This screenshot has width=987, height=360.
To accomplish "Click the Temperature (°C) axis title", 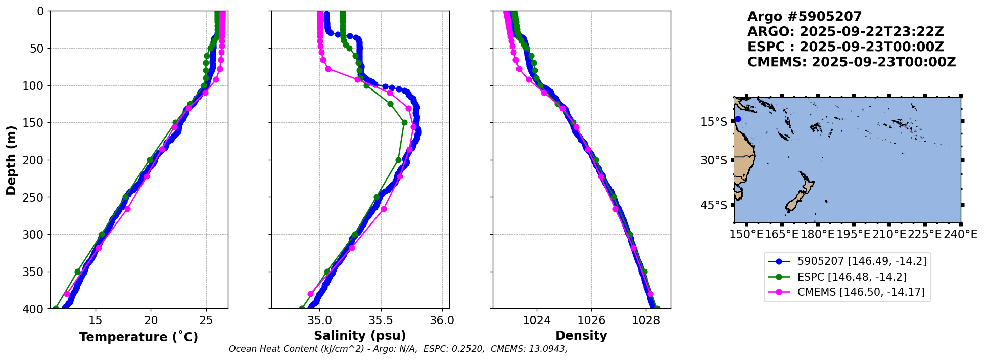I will (138, 337).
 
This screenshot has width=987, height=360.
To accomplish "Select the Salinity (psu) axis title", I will (360, 336).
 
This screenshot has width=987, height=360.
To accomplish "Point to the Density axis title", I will (581, 336).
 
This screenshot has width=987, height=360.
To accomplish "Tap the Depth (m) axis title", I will (11, 160).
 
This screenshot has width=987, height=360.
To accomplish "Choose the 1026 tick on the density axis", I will (591, 320).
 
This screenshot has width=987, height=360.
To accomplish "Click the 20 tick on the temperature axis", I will (151, 320).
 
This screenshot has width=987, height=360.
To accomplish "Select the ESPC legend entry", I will (852, 277).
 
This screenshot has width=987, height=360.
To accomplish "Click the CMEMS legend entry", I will (861, 292).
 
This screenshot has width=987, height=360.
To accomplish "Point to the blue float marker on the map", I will (738, 119).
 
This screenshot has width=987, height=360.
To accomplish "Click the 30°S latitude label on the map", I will (714, 160).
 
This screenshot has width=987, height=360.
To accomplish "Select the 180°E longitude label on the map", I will (817, 235).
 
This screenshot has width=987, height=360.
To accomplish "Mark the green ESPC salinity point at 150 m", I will (404, 122).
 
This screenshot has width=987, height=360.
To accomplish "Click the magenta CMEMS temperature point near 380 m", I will (67, 294).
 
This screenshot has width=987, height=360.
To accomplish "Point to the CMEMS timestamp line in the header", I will (852, 62).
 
